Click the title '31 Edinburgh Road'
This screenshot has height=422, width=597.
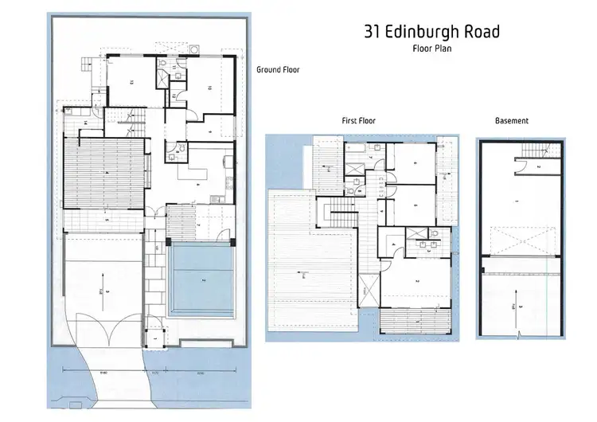click(431, 32)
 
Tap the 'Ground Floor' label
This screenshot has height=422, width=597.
click(276, 70)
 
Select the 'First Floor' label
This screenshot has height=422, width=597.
click(357, 121)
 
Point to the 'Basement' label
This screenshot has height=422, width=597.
click(512, 121)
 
